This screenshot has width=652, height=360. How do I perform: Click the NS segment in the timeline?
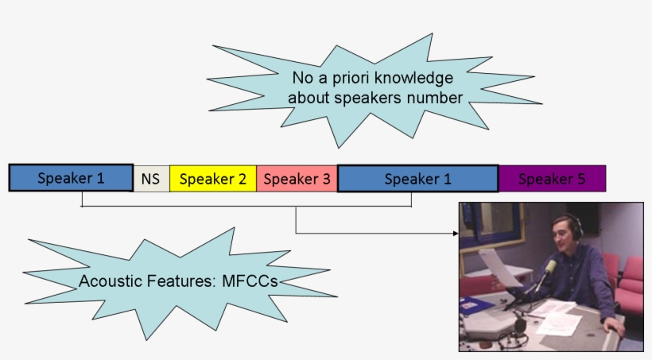pos(151,179)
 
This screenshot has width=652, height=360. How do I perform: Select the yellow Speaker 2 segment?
pos(212,179)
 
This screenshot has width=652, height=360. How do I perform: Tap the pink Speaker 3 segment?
pos(297,179)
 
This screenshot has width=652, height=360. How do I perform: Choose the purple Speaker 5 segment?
pos(552,179)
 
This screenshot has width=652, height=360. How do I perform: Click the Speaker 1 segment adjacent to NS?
pos(71,178)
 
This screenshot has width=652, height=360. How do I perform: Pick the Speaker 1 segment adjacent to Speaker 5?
pos(417,179)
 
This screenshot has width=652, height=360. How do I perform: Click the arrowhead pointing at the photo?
pos(456,234)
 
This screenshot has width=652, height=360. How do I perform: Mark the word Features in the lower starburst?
pos(179,281)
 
